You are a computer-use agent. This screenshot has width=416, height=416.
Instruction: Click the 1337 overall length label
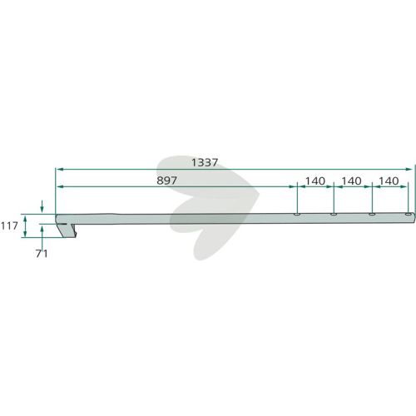[205, 162]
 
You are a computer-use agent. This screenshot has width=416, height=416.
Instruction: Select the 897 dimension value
[166, 181]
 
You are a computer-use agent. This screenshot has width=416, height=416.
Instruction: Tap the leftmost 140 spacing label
[315, 181]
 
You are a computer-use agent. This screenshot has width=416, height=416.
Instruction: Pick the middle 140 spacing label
[351, 181]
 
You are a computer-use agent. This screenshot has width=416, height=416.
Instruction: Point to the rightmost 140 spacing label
[389, 181]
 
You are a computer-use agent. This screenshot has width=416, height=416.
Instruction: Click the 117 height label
[9, 226]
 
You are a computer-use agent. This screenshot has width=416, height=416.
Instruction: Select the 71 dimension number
[42, 254]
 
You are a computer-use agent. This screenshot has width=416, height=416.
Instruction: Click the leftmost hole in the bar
[297, 215]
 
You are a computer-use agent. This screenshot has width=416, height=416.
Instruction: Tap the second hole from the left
[334, 215]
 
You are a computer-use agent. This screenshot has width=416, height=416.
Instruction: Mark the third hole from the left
[372, 215]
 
